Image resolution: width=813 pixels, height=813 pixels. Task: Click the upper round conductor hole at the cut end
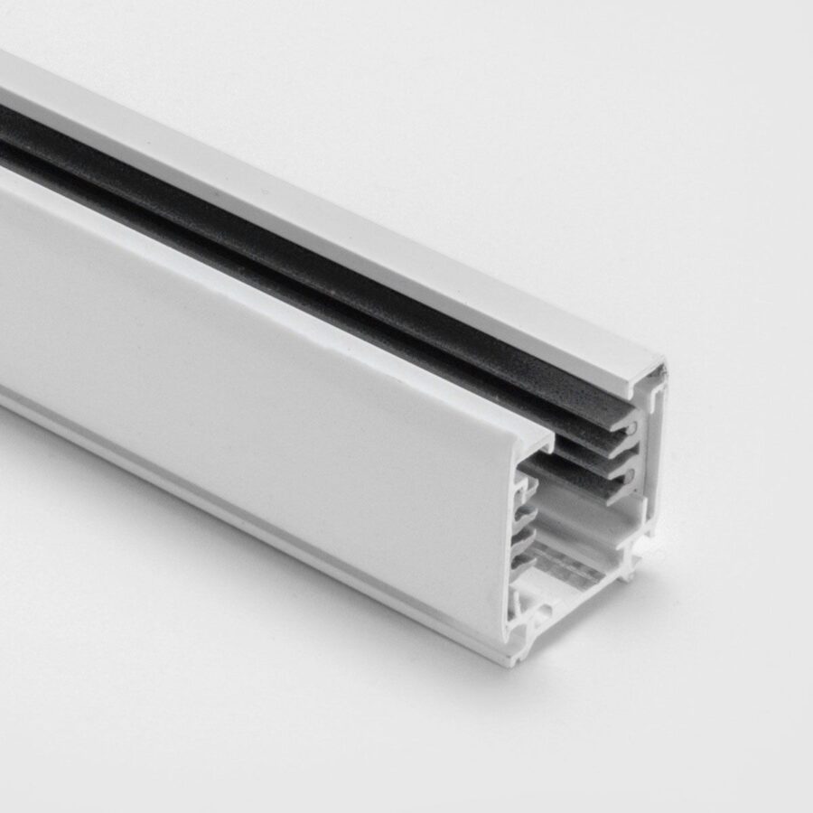(x=631, y=427)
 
